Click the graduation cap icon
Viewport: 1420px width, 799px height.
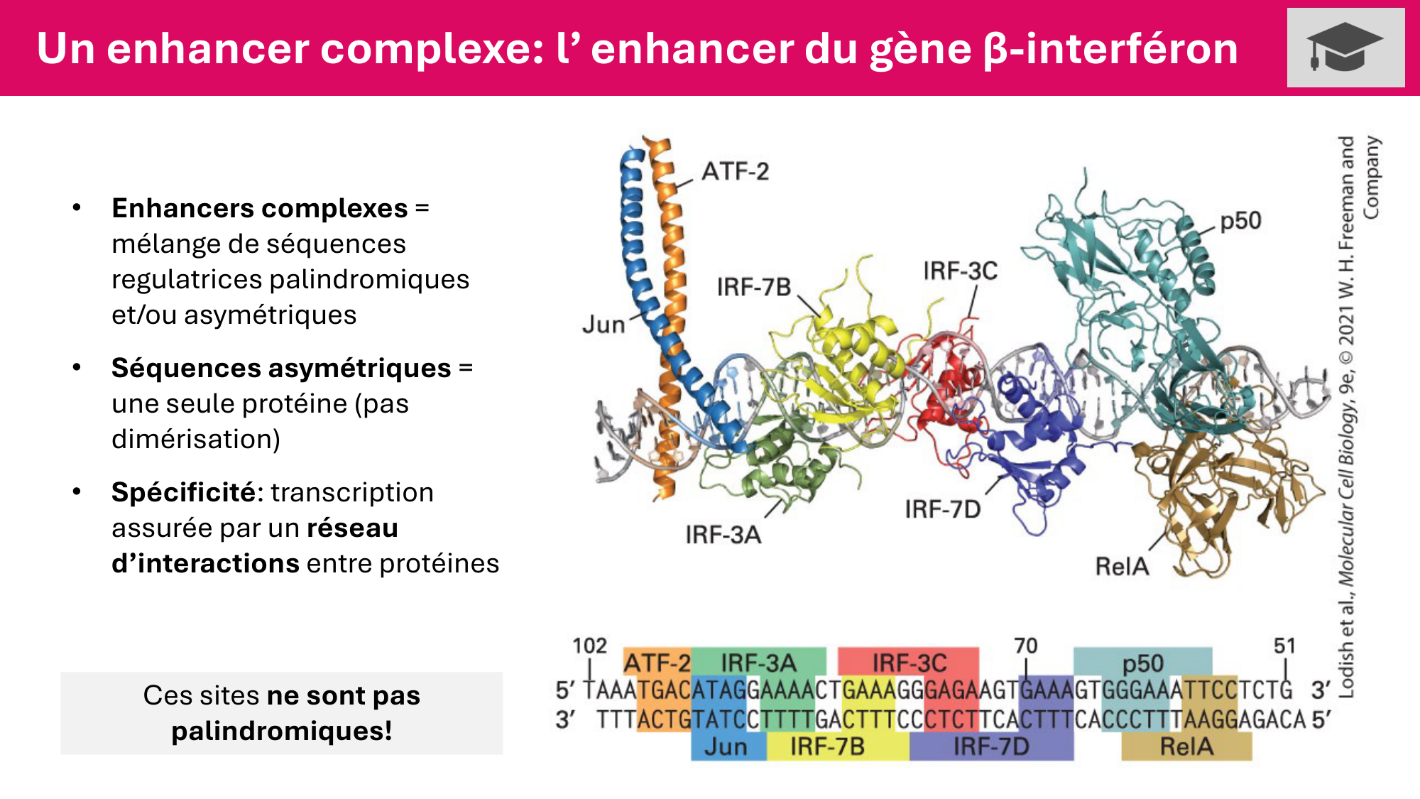1345,47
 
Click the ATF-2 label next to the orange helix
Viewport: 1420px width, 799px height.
735,171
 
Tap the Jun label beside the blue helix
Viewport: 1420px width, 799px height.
603,325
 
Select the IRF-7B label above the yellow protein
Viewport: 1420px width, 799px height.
753,287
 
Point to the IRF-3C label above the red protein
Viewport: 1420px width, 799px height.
960,271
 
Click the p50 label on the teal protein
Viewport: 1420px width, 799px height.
1240,221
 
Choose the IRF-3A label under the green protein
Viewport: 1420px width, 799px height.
723,534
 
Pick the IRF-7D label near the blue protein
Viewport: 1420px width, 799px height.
943,509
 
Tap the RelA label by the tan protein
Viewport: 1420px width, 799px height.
1122,566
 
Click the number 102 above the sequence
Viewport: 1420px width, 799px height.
589,646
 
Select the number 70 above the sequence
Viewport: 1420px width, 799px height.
1025,646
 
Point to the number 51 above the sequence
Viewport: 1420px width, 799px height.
1284,646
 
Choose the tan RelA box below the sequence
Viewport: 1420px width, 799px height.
1186,746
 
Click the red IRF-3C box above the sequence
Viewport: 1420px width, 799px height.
909,662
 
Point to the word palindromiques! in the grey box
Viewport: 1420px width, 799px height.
282,731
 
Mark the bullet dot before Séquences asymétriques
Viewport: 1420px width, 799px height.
77,367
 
